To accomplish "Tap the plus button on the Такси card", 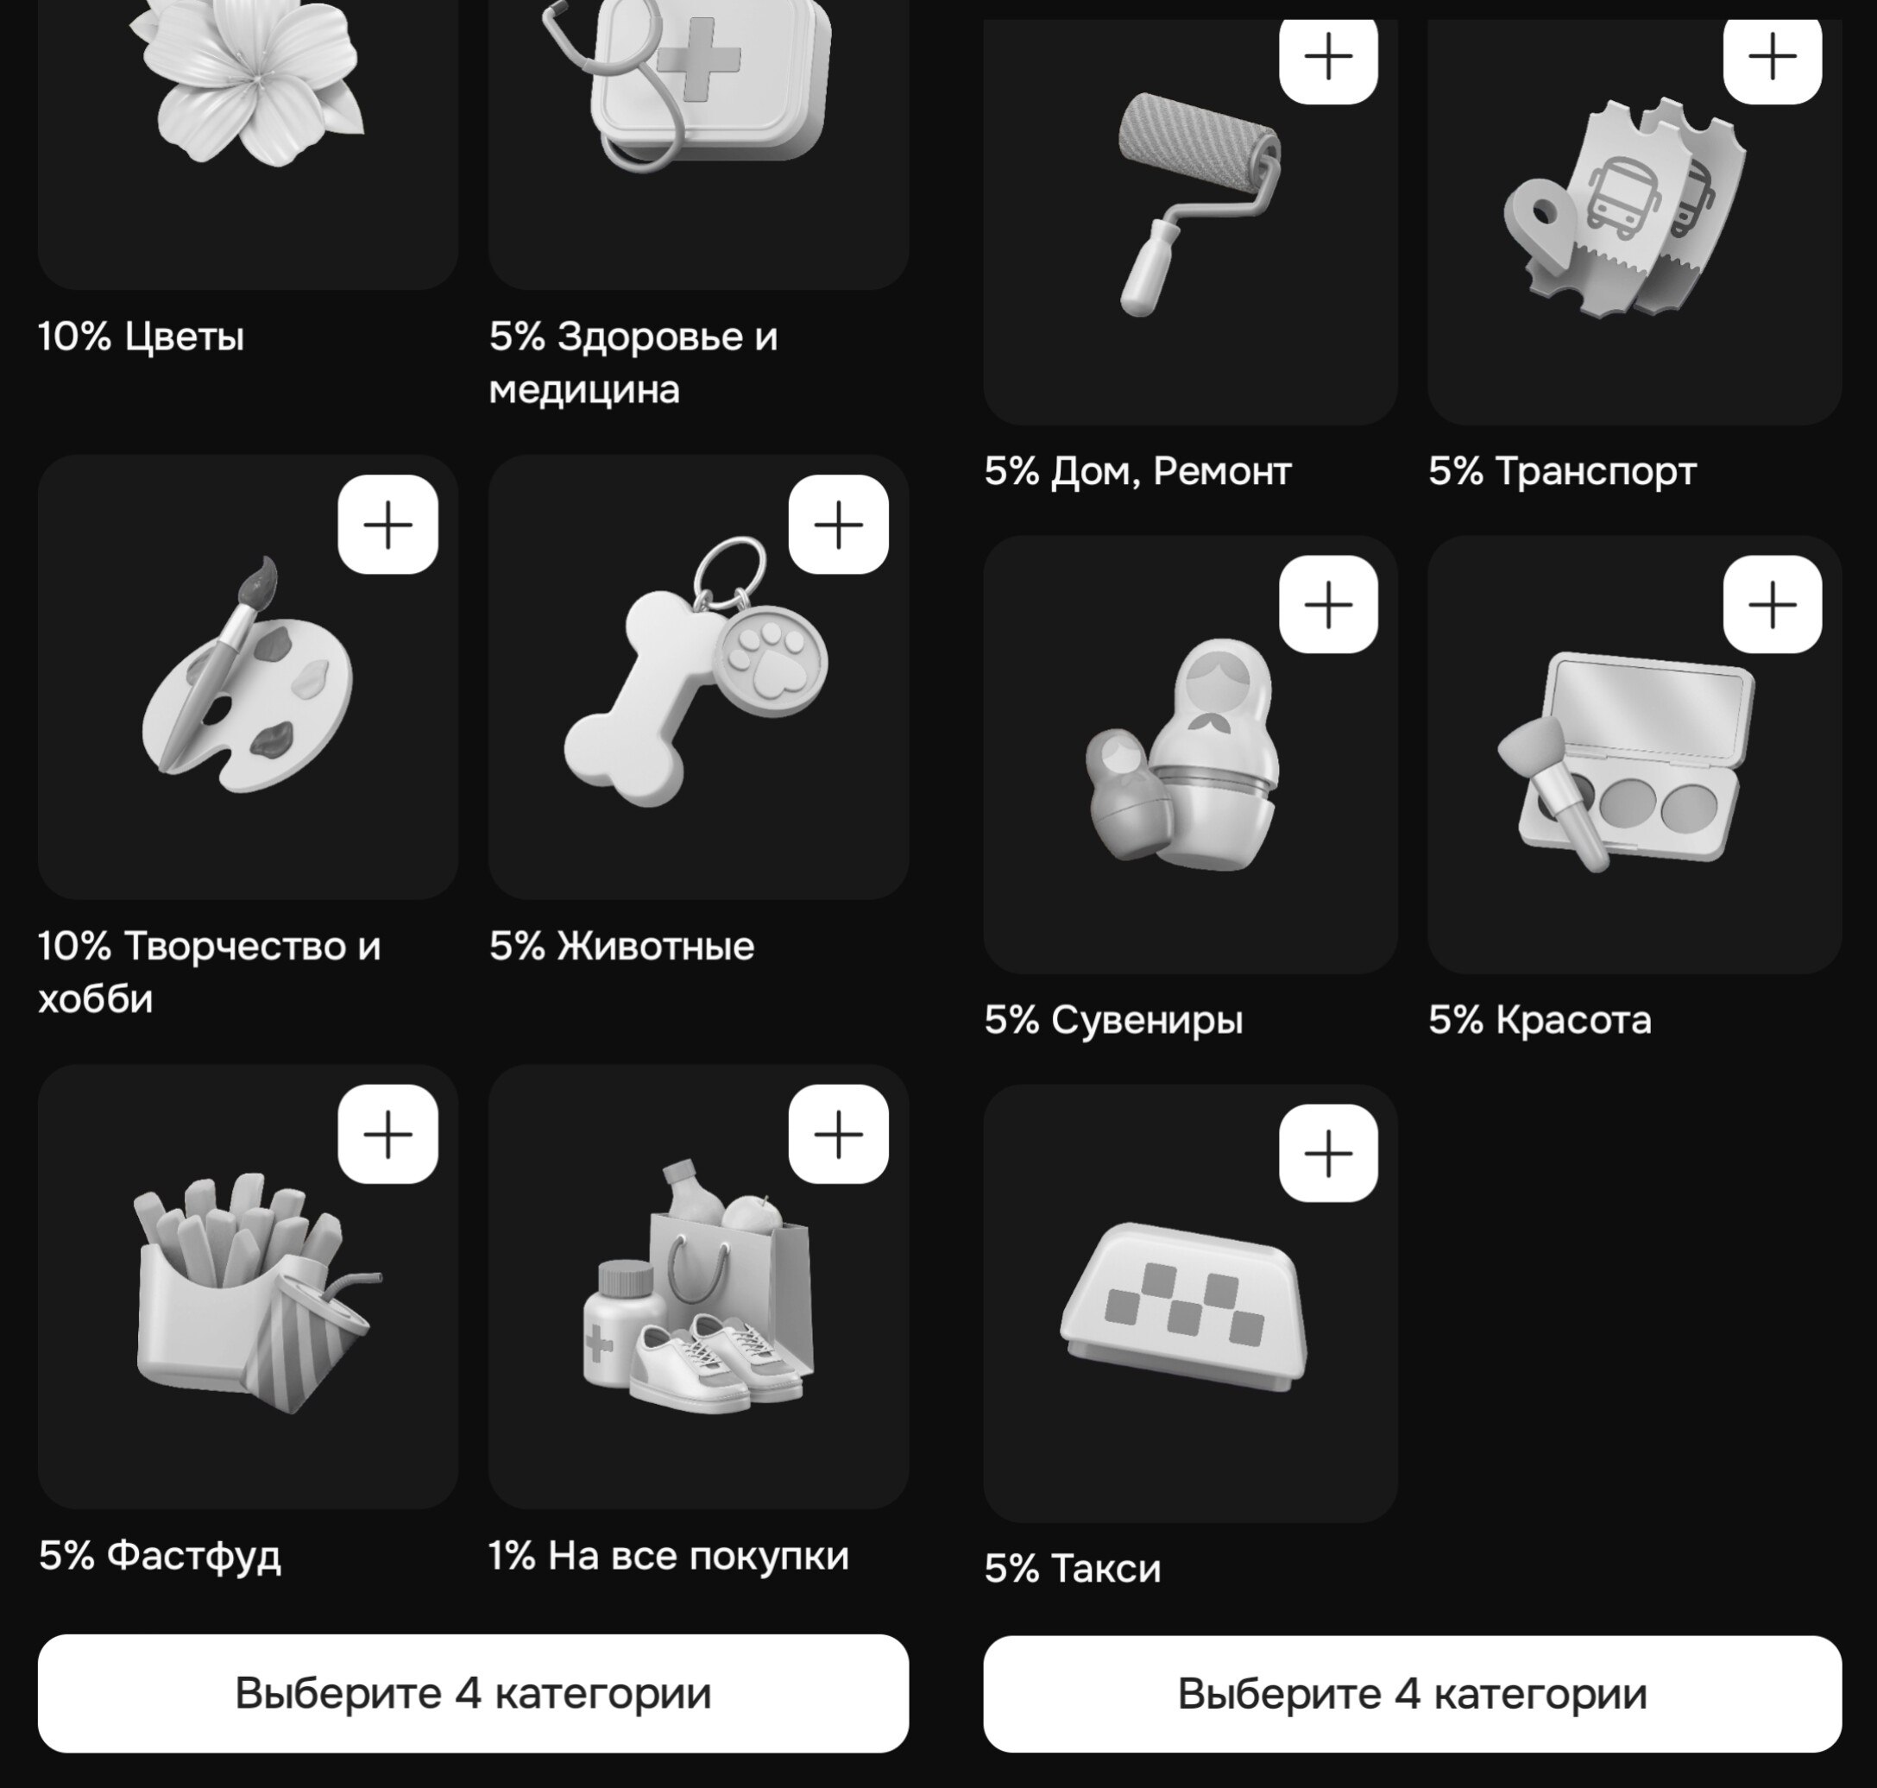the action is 1328,1153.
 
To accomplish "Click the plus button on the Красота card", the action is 1772,604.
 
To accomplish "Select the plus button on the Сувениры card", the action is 1328,604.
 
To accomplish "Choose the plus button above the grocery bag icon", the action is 839,1134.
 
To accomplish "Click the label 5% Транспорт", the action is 1562,471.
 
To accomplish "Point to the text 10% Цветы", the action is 141,337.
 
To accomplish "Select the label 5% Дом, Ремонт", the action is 1137,472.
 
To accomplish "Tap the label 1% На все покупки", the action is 668,1557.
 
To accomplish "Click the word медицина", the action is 584,390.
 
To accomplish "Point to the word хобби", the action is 95,998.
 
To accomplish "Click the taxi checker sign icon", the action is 1184,1305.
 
